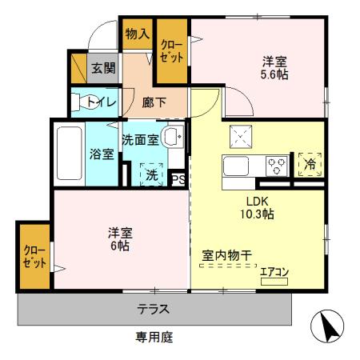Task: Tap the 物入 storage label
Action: [x=137, y=34]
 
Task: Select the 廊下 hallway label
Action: [x=154, y=102]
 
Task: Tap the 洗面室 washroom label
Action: [x=139, y=138]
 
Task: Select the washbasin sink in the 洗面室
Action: [x=172, y=138]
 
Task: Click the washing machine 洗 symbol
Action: [x=151, y=173]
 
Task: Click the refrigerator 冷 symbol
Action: [x=309, y=166]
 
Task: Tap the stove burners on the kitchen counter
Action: [x=276, y=167]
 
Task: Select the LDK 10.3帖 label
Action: [x=257, y=207]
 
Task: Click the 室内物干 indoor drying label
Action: [x=226, y=256]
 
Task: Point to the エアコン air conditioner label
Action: [x=274, y=272]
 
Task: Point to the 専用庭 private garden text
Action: [x=154, y=338]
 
